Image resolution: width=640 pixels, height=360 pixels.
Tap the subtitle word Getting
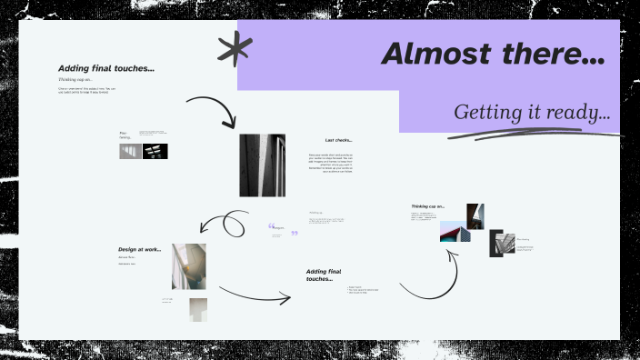pyautogui.click(x=485, y=113)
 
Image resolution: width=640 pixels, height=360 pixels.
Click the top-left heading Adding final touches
pyautogui.click(x=105, y=67)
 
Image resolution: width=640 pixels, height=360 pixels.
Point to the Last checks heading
pyautogui.click(x=338, y=140)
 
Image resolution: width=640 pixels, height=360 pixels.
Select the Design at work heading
pyautogui.click(x=139, y=249)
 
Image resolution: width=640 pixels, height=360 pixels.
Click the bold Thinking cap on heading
pyautogui.click(x=427, y=206)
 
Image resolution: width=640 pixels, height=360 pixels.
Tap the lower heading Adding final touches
pyautogui.click(x=328, y=275)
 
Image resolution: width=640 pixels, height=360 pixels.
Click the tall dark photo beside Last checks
pyautogui.click(x=262, y=165)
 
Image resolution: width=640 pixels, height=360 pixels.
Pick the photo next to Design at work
pyautogui.click(x=188, y=265)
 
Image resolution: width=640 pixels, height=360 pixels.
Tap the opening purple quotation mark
pyautogui.click(x=271, y=226)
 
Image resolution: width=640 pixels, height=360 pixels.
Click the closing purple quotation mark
pyautogui.click(x=294, y=234)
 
